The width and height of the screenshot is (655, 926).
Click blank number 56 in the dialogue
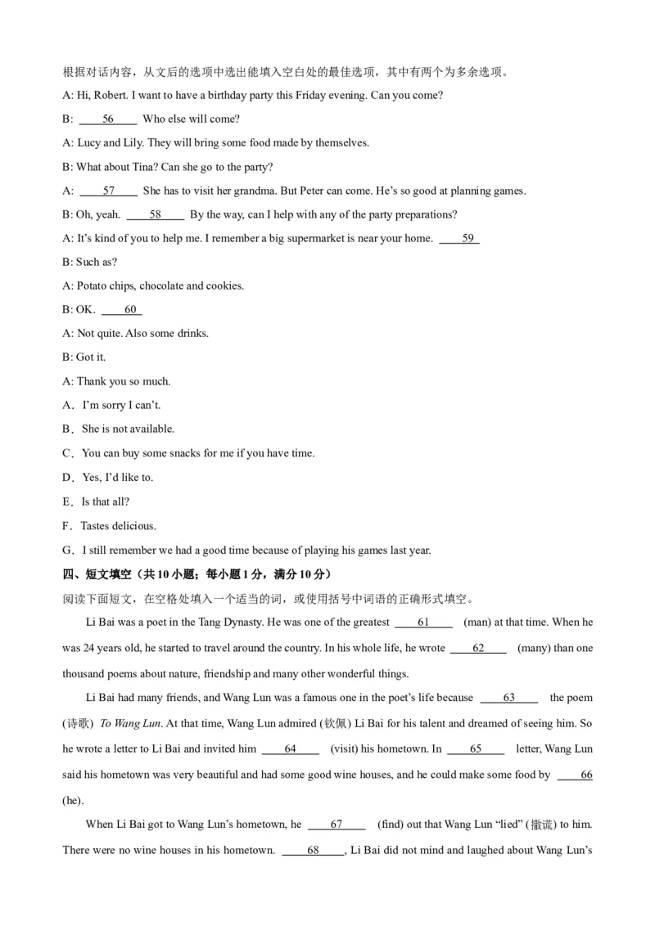108,119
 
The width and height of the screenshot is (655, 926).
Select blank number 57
109,191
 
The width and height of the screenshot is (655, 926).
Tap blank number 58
156,215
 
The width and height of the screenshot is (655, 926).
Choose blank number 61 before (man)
423,623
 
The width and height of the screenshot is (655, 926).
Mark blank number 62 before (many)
478,649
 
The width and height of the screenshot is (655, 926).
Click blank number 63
508,698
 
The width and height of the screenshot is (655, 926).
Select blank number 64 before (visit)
291,749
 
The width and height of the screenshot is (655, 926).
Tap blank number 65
476,749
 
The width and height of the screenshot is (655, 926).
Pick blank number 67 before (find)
337,825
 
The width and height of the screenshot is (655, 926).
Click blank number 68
313,851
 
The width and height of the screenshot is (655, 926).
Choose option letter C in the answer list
67,453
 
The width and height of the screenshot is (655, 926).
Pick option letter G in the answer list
67,551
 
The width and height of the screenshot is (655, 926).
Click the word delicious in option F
134,526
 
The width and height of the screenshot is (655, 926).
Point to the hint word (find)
393,825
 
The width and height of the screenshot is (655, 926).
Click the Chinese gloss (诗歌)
78,724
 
